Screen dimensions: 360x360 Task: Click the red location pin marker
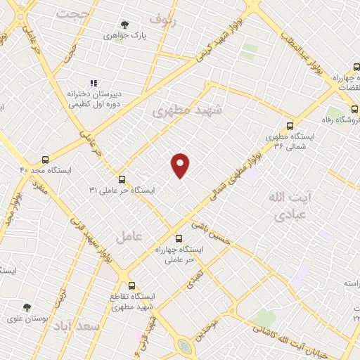tap(181, 165)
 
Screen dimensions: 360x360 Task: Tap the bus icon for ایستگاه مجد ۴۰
tap(46, 160)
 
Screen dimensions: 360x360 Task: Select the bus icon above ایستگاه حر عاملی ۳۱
tap(122, 179)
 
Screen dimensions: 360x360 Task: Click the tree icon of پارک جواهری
tap(125, 25)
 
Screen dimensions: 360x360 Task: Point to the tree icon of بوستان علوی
tap(27, 307)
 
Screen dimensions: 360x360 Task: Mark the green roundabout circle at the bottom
tap(185, 346)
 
